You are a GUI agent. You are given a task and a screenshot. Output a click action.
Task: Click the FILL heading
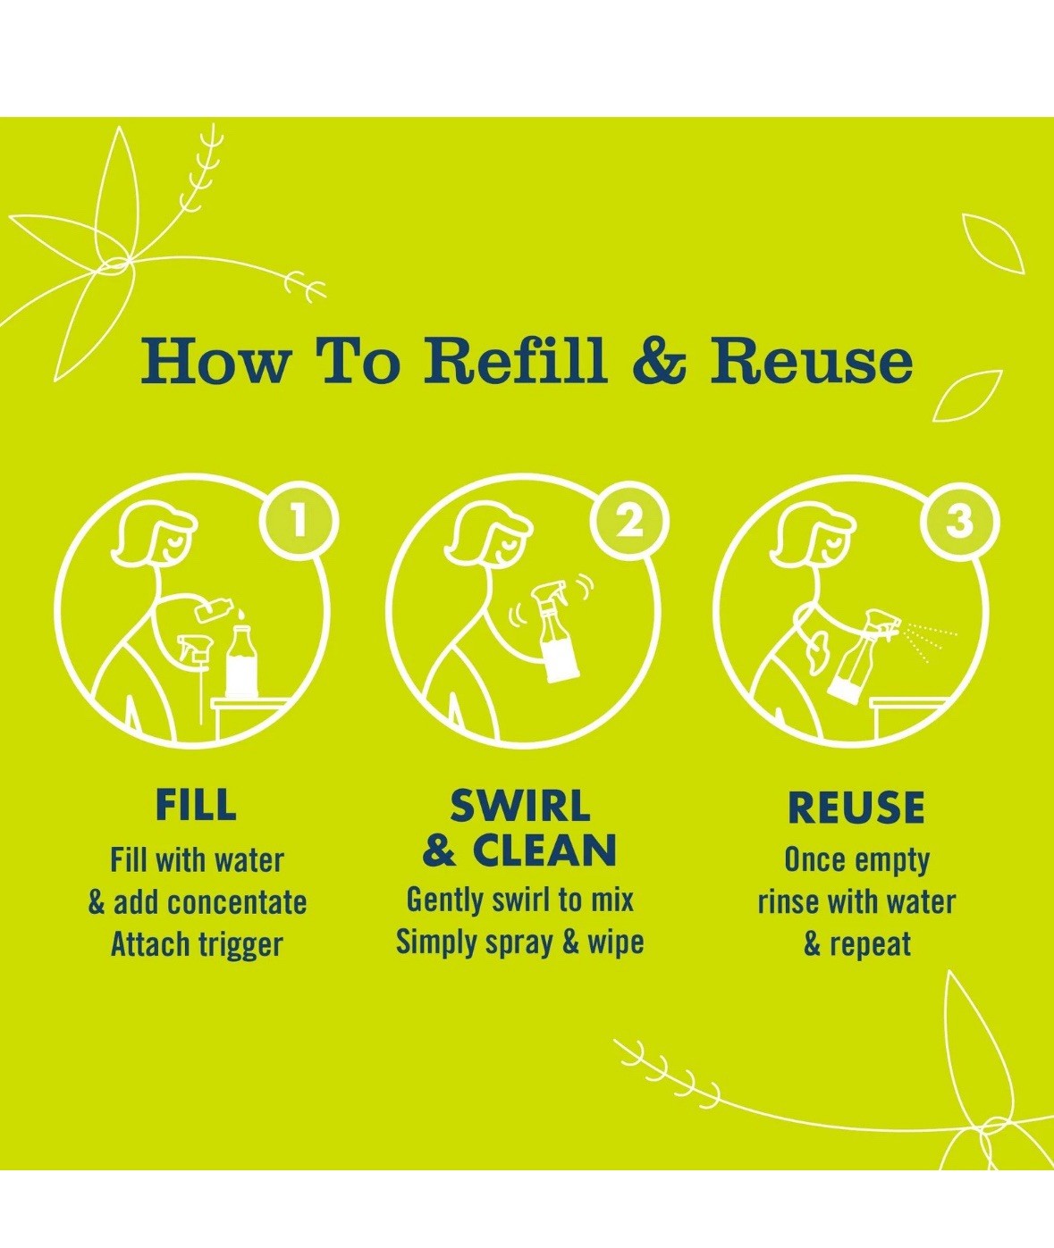[x=196, y=805]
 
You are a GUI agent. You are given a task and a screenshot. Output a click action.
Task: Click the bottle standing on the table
[x=244, y=662]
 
